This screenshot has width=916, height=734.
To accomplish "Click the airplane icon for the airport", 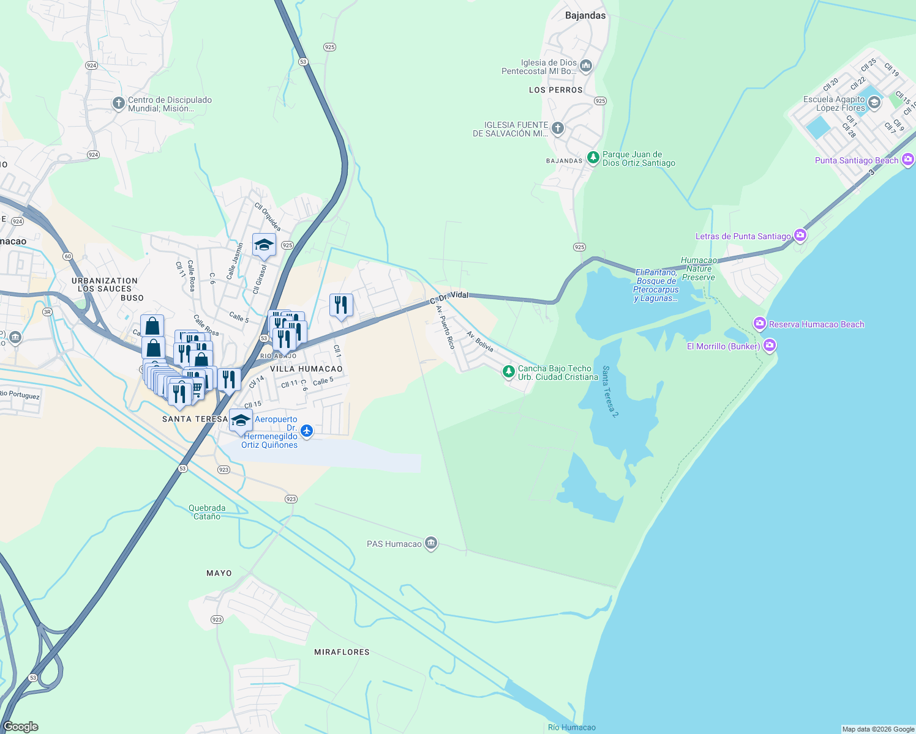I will (x=307, y=431).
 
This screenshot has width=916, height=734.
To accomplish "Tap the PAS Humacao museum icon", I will (x=431, y=543).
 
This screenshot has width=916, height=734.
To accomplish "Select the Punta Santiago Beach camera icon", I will (x=908, y=160).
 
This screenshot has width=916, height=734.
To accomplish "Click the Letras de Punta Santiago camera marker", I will (x=800, y=235).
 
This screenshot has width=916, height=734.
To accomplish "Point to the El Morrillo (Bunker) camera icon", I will (x=770, y=346).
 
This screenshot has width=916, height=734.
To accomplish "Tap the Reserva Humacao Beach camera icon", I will (x=760, y=324).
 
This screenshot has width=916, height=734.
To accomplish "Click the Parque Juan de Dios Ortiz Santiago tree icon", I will (x=593, y=157).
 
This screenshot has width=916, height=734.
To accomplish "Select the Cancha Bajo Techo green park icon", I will (x=508, y=371).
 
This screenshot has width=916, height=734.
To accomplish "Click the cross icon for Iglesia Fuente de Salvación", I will (x=558, y=128).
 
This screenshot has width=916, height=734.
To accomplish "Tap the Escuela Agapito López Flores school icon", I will (x=874, y=102).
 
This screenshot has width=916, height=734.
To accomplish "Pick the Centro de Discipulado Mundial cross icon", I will (x=119, y=103).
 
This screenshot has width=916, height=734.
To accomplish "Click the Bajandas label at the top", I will (x=585, y=15).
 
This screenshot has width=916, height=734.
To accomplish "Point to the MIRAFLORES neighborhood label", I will (x=342, y=652).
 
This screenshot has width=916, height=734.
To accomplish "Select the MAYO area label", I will (x=219, y=573).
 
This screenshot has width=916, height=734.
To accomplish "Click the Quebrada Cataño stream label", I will (x=207, y=512).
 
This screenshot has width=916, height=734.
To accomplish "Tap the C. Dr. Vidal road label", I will (x=449, y=297).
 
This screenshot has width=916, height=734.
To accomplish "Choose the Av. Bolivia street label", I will (x=480, y=342).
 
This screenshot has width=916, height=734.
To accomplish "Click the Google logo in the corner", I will (x=21, y=726).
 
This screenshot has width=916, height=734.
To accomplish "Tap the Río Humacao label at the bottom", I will (x=571, y=727).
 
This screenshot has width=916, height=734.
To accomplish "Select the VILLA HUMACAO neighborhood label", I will (x=306, y=369).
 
